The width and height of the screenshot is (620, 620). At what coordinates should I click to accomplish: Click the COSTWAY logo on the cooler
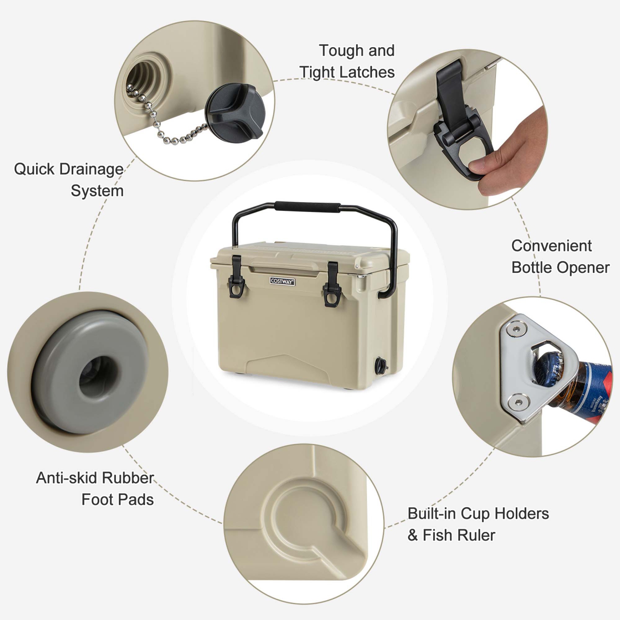click(x=282, y=281)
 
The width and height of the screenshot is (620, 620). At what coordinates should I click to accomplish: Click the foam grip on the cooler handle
click(x=308, y=207)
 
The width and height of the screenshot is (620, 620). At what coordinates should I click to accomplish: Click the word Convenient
click(x=551, y=246)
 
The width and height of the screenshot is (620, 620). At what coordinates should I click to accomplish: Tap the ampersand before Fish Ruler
click(x=413, y=535)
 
